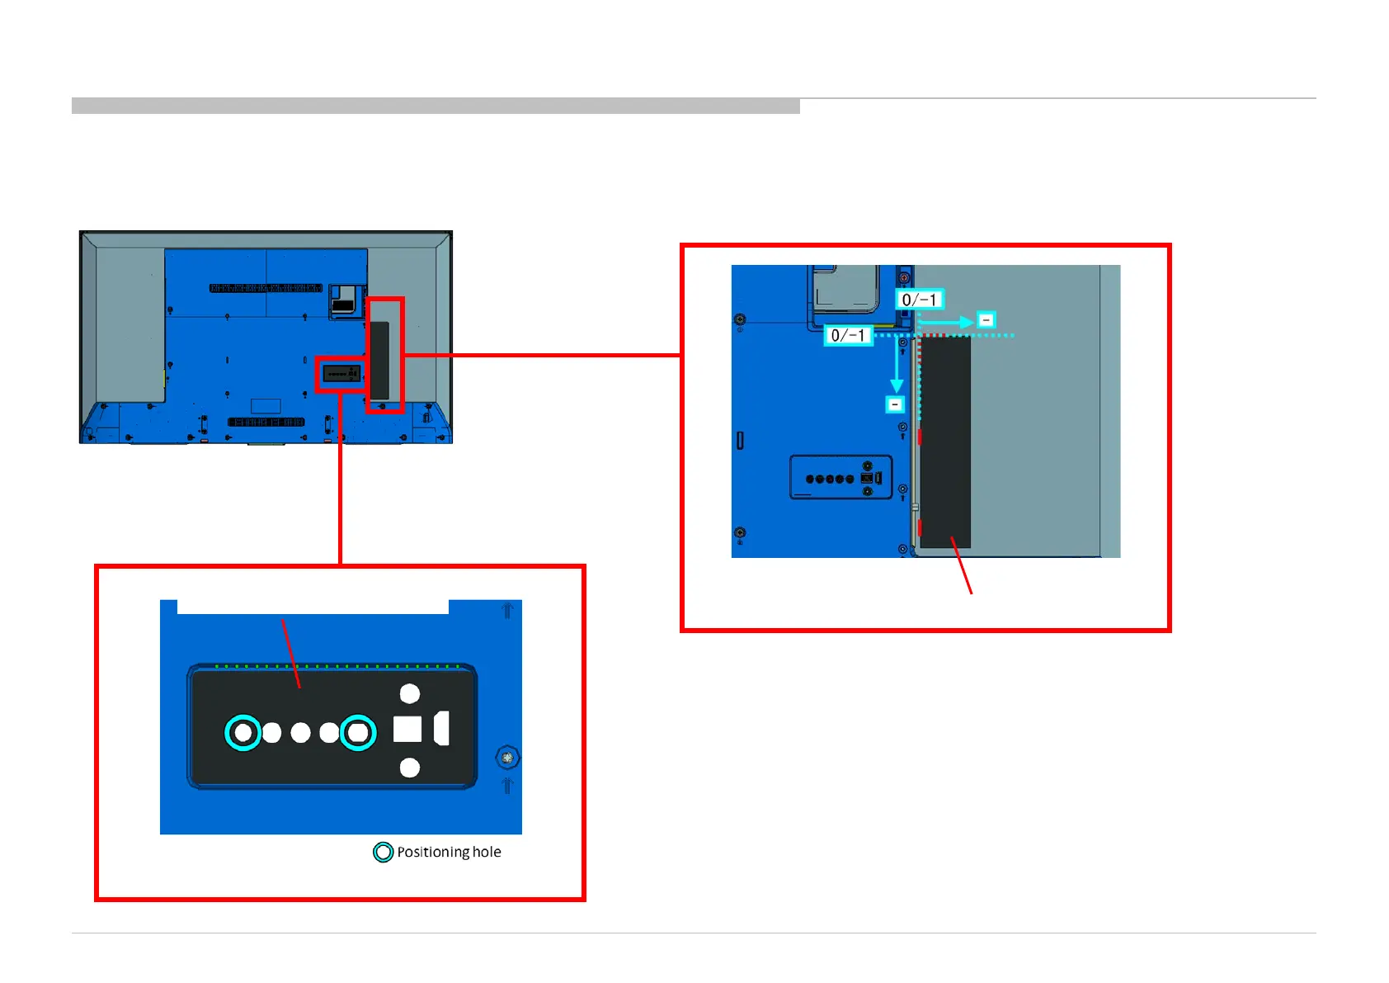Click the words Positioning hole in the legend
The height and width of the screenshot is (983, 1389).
(449, 852)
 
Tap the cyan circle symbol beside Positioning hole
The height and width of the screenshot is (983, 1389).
(383, 852)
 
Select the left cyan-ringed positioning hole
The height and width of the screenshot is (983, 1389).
(242, 732)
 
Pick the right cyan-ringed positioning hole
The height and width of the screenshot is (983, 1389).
(358, 732)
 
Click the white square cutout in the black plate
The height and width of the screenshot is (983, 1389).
(407, 730)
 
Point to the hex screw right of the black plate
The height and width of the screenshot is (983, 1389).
(507, 757)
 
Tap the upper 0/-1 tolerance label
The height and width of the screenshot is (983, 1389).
(919, 300)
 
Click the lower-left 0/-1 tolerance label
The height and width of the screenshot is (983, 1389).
(848, 335)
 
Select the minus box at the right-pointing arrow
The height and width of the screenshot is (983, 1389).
(986, 320)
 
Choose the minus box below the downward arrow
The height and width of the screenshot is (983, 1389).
(895, 404)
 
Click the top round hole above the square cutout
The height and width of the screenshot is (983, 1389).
(410, 693)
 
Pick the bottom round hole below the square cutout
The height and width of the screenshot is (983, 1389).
(410, 768)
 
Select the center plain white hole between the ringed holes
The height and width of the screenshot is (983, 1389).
(301, 733)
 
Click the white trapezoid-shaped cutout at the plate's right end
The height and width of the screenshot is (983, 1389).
(442, 728)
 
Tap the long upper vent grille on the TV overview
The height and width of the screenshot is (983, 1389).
(266, 288)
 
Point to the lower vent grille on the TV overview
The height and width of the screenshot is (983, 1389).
(266, 422)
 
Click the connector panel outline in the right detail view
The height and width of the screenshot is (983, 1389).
(840, 477)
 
